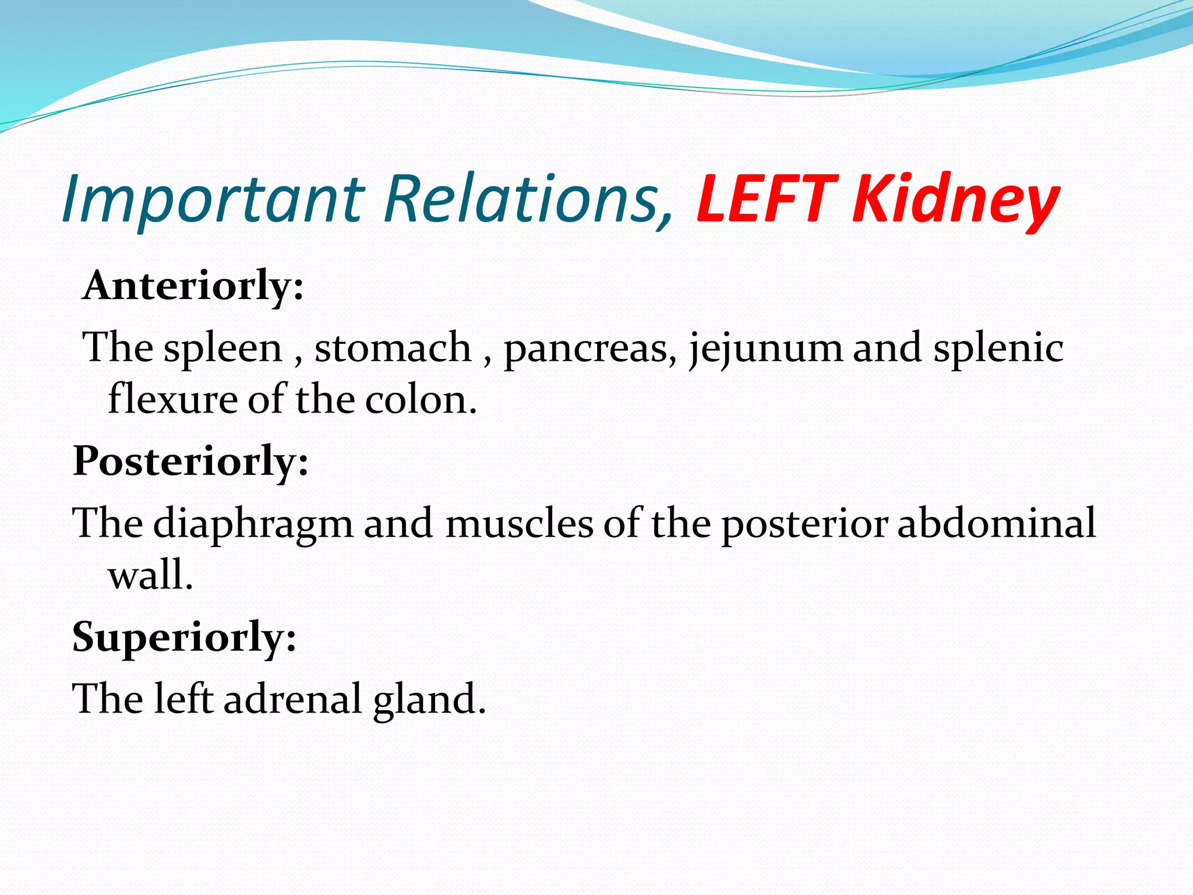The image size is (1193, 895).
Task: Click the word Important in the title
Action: [213, 199]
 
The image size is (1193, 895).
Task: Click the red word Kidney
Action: [955, 199]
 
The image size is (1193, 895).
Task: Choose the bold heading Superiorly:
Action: [184, 636]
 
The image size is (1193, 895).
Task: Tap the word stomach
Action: [393, 348]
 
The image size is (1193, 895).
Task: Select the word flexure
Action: [172, 400]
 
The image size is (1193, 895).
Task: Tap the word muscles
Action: [519, 523]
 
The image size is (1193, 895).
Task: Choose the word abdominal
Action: [996, 523]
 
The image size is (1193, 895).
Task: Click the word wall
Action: [150, 575]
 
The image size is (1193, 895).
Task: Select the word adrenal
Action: [292, 699]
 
